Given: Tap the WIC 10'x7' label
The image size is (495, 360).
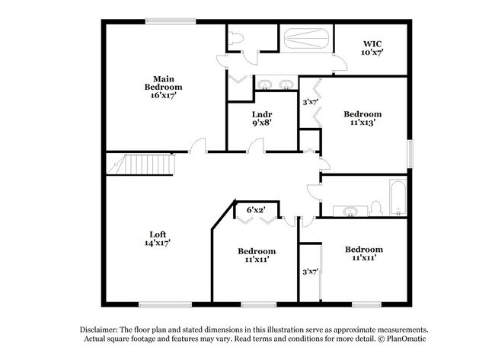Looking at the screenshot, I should pyautogui.click(x=372, y=48).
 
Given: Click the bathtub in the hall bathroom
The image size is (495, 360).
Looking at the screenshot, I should pyautogui.click(x=398, y=199).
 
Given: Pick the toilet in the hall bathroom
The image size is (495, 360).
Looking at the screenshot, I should pyautogui.click(x=375, y=208).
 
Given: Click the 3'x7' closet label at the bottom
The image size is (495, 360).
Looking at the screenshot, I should pyautogui.click(x=310, y=272).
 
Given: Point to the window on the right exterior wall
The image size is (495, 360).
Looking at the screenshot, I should pyautogui.click(x=410, y=152).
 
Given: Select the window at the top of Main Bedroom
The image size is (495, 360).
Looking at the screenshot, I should pyautogui.click(x=168, y=22).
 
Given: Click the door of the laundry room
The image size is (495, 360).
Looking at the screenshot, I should pyautogui.click(x=257, y=145).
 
